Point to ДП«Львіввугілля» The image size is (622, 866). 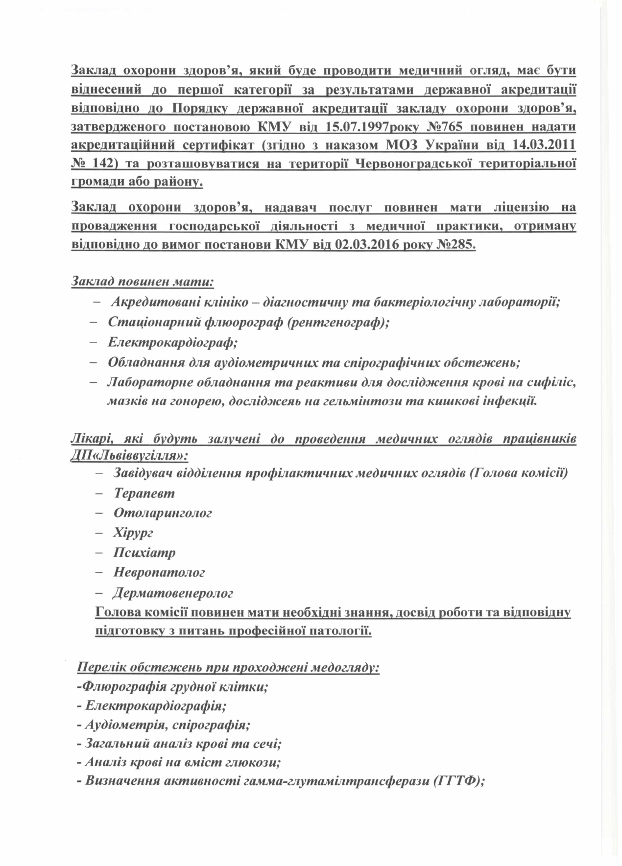pos(129,456)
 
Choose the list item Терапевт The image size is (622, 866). pos(144,493)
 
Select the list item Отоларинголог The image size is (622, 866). pos(163,513)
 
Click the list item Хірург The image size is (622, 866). pos(133,533)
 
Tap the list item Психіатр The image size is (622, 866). pos(144,553)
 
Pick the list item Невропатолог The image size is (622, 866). pos(159,572)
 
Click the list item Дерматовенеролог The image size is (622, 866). pos(173,593)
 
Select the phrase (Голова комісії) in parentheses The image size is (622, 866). pos(519,473)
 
